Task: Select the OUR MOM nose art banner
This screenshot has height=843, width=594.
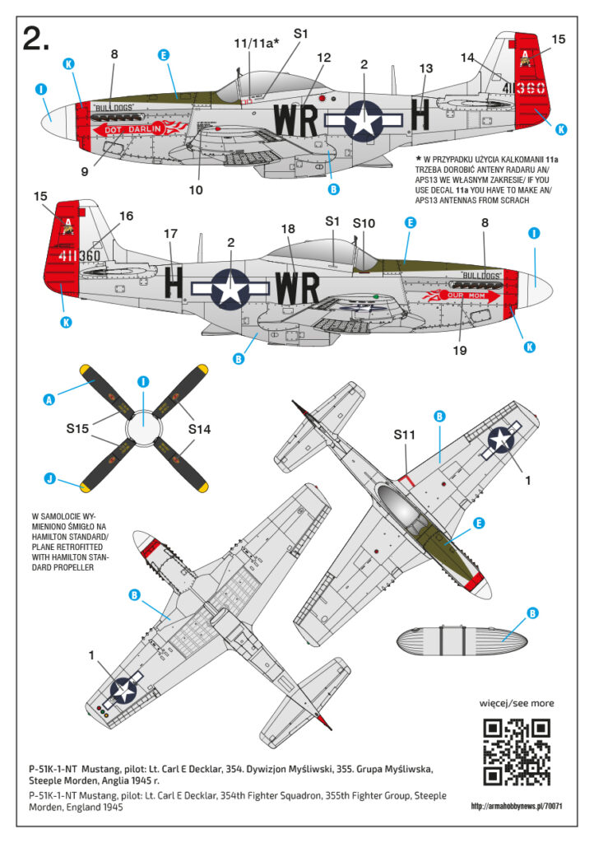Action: click(465, 295)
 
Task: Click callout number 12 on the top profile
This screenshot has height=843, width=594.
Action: click(323, 58)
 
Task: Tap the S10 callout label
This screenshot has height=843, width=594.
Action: click(364, 223)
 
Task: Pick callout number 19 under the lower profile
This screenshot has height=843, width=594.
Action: click(459, 350)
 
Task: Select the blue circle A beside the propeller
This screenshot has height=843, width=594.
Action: click(49, 399)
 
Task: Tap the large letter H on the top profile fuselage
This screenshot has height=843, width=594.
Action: click(420, 119)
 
